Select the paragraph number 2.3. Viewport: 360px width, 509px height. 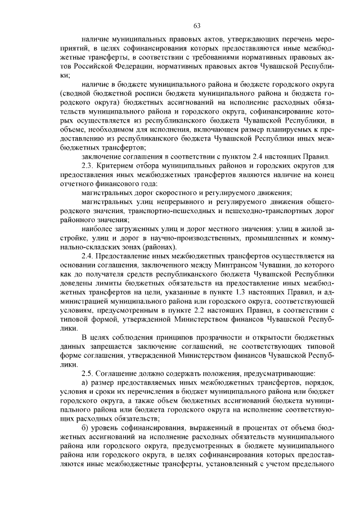(89, 166)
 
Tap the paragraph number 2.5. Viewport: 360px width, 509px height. (89, 374)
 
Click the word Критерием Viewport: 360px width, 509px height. (121, 166)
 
